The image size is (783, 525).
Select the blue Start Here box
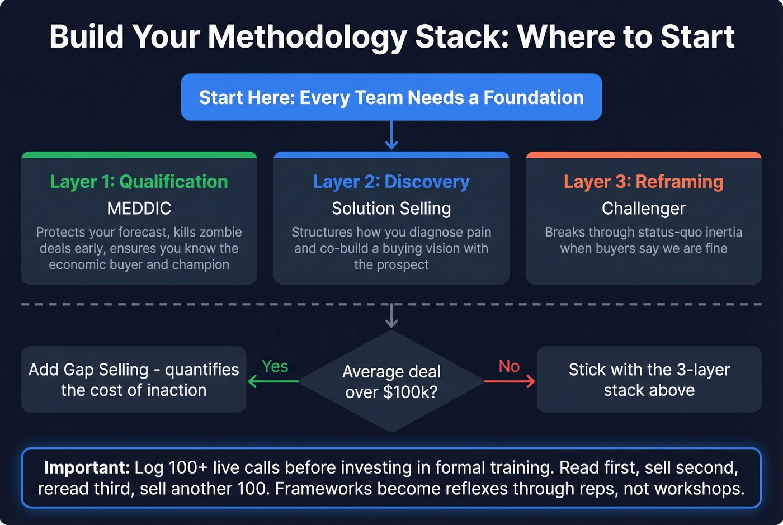[391, 97]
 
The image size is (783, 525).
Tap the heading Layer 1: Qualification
[139, 182]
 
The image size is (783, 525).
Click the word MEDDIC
[139, 209]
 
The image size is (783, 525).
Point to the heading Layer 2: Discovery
[391, 182]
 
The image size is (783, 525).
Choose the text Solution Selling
[391, 209]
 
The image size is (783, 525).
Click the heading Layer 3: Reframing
[643, 182]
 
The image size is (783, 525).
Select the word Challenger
[643, 209]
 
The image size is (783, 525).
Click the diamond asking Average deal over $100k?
[391, 381]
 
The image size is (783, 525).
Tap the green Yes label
[275, 366]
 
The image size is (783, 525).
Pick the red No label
[509, 366]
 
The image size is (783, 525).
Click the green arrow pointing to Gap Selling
[273, 381]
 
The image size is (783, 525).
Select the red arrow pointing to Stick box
[509, 381]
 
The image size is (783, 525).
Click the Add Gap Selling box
[134, 380]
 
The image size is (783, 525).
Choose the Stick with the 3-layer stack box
[649, 380]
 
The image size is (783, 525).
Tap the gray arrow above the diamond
[391, 316]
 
